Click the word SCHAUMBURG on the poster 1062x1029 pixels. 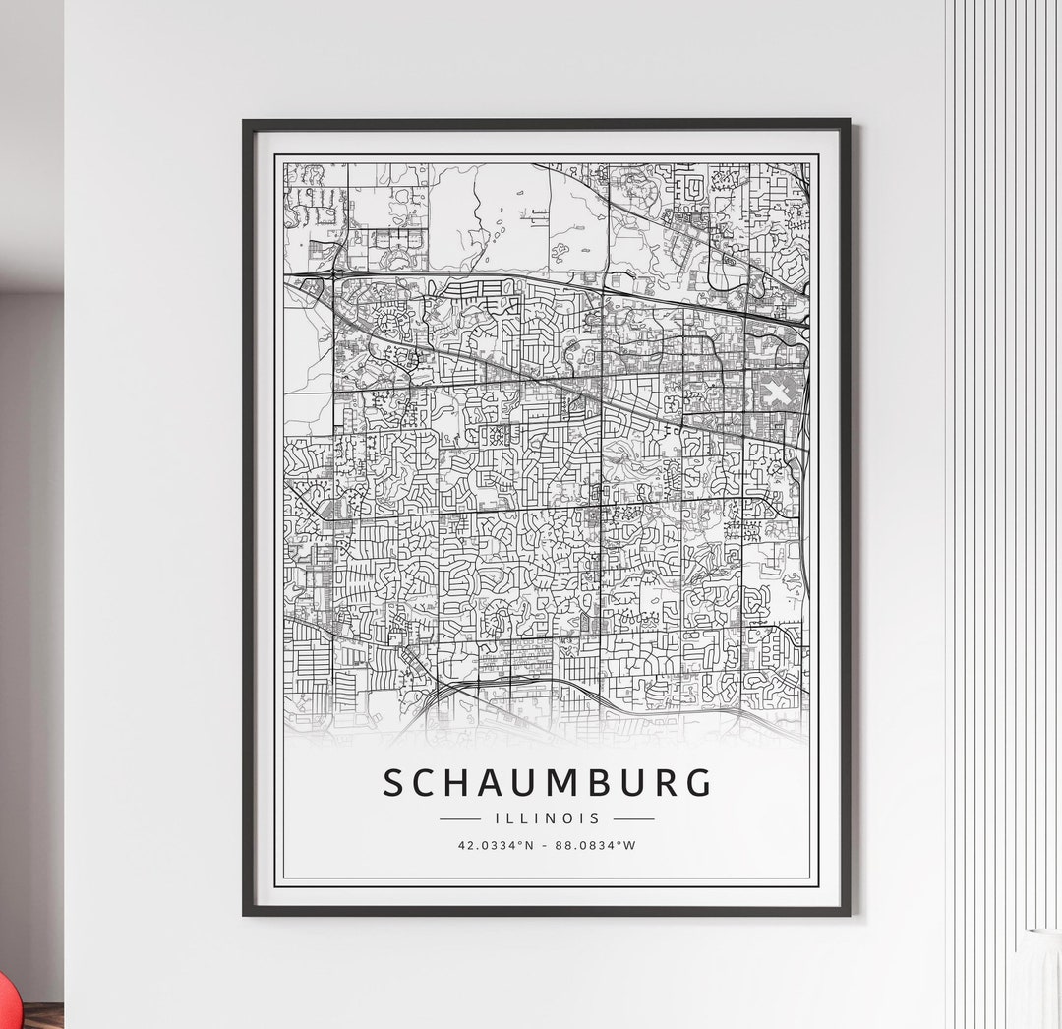point(547,783)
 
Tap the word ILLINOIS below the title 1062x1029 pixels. point(547,817)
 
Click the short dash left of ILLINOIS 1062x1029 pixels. point(459,817)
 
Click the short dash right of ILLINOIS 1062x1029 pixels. point(633,817)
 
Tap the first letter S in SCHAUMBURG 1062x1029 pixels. point(393,783)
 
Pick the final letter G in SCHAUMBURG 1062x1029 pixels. point(697,783)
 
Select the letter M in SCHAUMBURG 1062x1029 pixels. point(562,783)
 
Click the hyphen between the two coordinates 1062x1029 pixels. point(547,844)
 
